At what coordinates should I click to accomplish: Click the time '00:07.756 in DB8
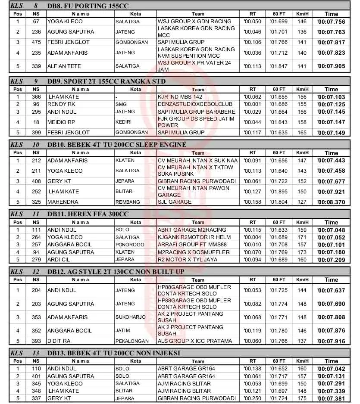331,22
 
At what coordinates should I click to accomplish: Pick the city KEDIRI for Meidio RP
124,122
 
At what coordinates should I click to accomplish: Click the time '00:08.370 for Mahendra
331,202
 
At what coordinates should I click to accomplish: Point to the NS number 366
36,97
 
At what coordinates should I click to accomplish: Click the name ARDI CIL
59,259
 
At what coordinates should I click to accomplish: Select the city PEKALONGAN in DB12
131,341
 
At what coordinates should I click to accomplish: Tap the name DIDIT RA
60,341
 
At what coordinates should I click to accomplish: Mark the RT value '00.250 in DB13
252,398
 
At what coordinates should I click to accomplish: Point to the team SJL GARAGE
175,202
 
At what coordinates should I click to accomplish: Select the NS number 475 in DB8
36,42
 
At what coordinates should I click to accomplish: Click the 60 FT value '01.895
278,192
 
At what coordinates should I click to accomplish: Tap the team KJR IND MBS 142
183,97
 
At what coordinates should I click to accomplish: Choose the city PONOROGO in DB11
130,245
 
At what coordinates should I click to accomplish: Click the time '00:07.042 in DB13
331,369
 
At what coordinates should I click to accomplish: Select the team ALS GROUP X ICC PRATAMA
195,341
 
